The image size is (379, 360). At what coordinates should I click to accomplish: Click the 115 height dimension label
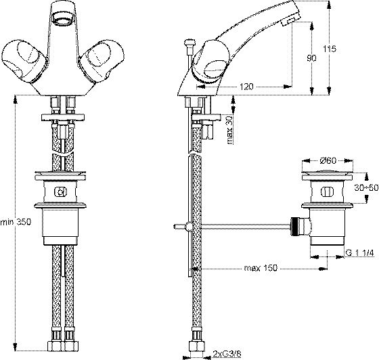330,49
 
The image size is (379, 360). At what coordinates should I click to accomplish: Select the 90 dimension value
311,58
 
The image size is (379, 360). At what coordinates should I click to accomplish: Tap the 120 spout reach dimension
246,87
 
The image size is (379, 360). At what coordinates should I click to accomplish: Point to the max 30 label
229,130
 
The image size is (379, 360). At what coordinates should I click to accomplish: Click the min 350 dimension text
16,222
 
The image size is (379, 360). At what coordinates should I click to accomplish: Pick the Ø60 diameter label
328,160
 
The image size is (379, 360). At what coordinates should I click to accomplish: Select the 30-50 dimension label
366,187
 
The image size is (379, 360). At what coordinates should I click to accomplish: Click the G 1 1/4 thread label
360,253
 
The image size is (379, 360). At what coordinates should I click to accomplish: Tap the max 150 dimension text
261,268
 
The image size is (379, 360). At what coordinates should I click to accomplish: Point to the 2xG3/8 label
227,354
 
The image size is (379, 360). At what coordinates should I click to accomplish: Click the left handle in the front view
24,60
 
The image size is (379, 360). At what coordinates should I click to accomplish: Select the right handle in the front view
102,61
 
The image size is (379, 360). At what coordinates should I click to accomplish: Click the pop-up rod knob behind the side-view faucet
189,44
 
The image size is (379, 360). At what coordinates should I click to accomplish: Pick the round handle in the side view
210,62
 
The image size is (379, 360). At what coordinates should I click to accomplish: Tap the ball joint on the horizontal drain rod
188,227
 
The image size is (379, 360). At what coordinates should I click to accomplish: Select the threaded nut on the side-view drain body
295,226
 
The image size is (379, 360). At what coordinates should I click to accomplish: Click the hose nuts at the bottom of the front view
64,345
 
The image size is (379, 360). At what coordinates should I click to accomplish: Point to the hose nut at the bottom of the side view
197,345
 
